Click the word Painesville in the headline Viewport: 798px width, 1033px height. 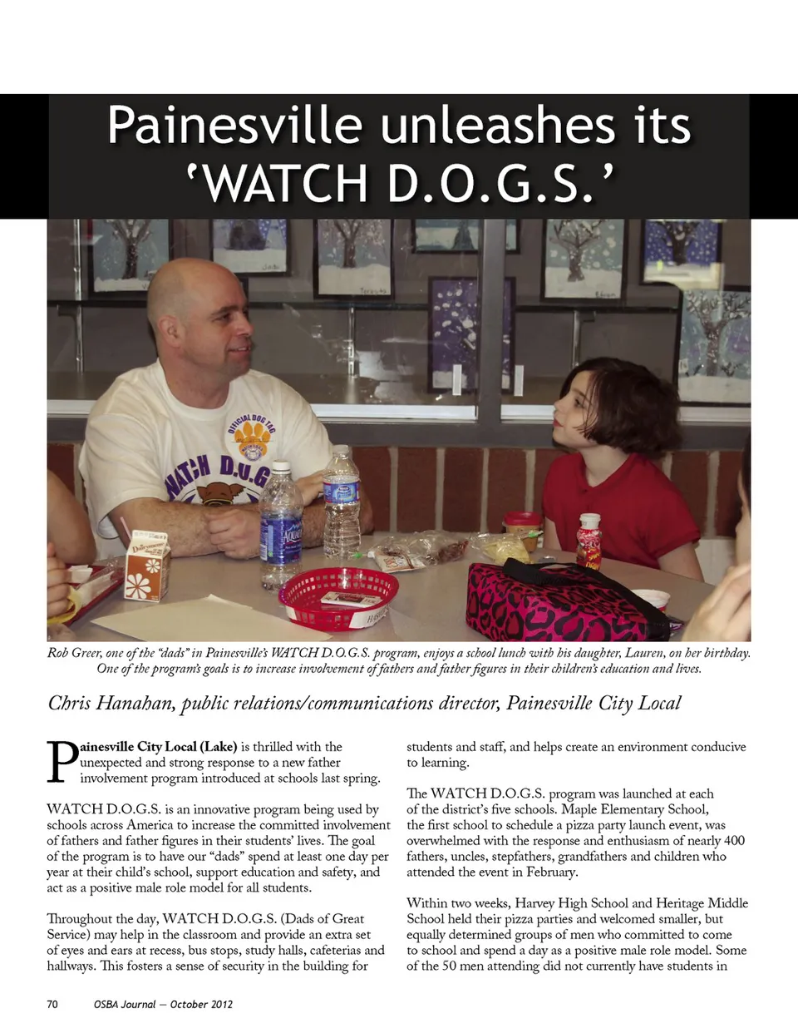234,126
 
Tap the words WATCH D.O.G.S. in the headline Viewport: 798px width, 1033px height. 398,184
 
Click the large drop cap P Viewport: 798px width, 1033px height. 62,761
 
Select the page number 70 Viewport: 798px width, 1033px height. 52,1004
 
